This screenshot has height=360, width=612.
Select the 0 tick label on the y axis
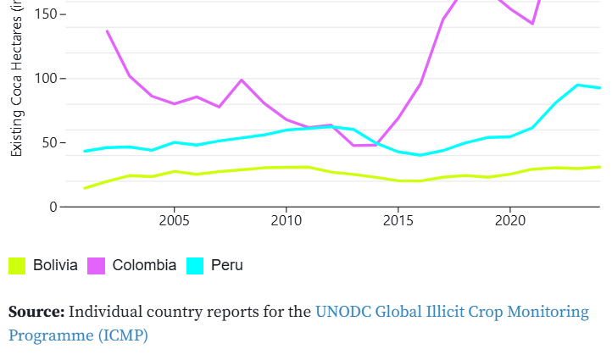pos(53,207)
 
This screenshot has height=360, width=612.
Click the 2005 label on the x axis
pos(174,221)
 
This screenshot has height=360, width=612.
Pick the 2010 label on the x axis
pos(286,221)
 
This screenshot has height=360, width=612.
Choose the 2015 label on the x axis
pos(398,221)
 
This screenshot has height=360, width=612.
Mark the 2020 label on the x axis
pos(509,221)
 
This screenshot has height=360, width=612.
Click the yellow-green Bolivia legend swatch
pos(17,265)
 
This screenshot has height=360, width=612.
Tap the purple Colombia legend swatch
pos(96,265)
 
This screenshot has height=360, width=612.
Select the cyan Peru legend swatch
pos(195,265)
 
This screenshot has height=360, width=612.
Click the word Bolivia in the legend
pos(55,265)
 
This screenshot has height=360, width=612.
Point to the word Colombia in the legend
pos(144,265)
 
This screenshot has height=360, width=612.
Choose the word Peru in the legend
pos(227,265)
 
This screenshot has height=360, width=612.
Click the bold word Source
pos(36,312)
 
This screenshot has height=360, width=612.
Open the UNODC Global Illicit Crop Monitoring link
pos(452,312)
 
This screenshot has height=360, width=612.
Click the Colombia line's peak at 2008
pos(242,80)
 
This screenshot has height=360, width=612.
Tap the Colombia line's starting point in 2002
pos(107,31)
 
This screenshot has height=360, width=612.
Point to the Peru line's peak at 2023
pos(577,85)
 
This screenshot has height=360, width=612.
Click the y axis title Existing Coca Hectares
pos(17,80)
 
